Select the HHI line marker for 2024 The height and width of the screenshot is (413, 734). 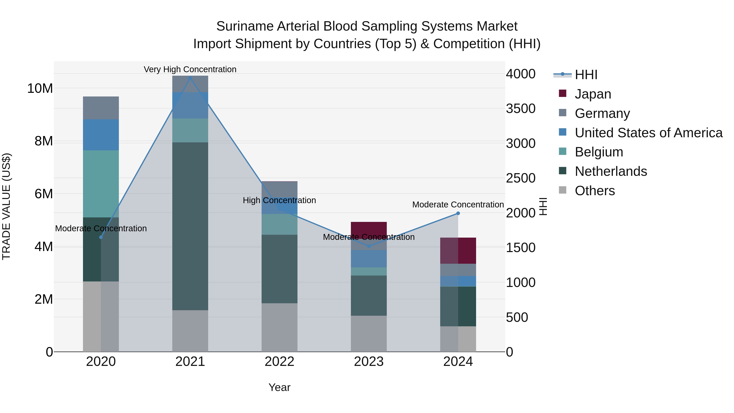pyautogui.click(x=458, y=213)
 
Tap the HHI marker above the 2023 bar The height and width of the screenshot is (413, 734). pyautogui.click(x=369, y=246)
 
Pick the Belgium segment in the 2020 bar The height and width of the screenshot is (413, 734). pyautogui.click(x=101, y=184)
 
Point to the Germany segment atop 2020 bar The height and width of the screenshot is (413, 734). pyautogui.click(x=101, y=108)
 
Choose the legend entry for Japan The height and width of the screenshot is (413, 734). pyautogui.click(x=593, y=94)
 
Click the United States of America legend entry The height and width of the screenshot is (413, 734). pyautogui.click(x=648, y=133)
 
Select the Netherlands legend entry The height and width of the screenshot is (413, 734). pyautogui.click(x=611, y=171)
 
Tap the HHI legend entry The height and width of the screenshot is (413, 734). pyautogui.click(x=586, y=75)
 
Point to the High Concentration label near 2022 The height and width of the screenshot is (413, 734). pyautogui.click(x=279, y=200)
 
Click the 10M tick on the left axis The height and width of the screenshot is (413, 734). pyautogui.click(x=40, y=88)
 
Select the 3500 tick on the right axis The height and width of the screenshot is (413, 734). pyautogui.click(x=521, y=109)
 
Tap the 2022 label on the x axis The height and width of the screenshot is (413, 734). pyautogui.click(x=279, y=362)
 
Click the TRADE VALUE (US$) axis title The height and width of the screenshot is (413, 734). pyautogui.click(x=7, y=206)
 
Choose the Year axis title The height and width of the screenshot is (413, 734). pyautogui.click(x=279, y=387)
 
